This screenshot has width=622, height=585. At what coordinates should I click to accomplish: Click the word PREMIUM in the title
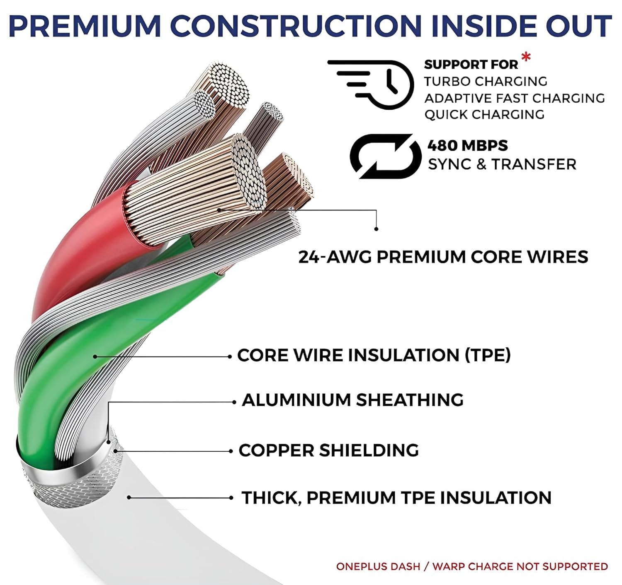coord(85,26)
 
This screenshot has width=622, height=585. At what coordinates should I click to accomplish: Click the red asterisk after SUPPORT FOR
coord(526,57)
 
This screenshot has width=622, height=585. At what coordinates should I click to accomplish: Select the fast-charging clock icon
coord(371,84)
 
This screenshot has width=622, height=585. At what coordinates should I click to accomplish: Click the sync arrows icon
coord(386,156)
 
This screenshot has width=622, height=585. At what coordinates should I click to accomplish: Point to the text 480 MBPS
coord(468,145)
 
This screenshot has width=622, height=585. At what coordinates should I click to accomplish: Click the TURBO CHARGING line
coord(486,81)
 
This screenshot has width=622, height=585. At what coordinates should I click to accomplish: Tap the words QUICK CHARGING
coord(484,115)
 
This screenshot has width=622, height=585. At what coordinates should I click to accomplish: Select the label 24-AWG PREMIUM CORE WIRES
coord(443,257)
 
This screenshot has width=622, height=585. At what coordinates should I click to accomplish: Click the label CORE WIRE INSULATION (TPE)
coord(374,355)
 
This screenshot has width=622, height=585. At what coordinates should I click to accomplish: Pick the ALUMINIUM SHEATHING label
coord(352,400)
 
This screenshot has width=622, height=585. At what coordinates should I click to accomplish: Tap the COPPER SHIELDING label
coord(329,450)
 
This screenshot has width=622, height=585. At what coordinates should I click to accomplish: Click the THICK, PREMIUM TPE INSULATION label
coord(396,497)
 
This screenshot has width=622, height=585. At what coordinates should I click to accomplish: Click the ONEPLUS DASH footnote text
coord(472,566)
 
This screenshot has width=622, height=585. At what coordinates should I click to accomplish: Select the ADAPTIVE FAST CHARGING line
coord(515,98)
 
